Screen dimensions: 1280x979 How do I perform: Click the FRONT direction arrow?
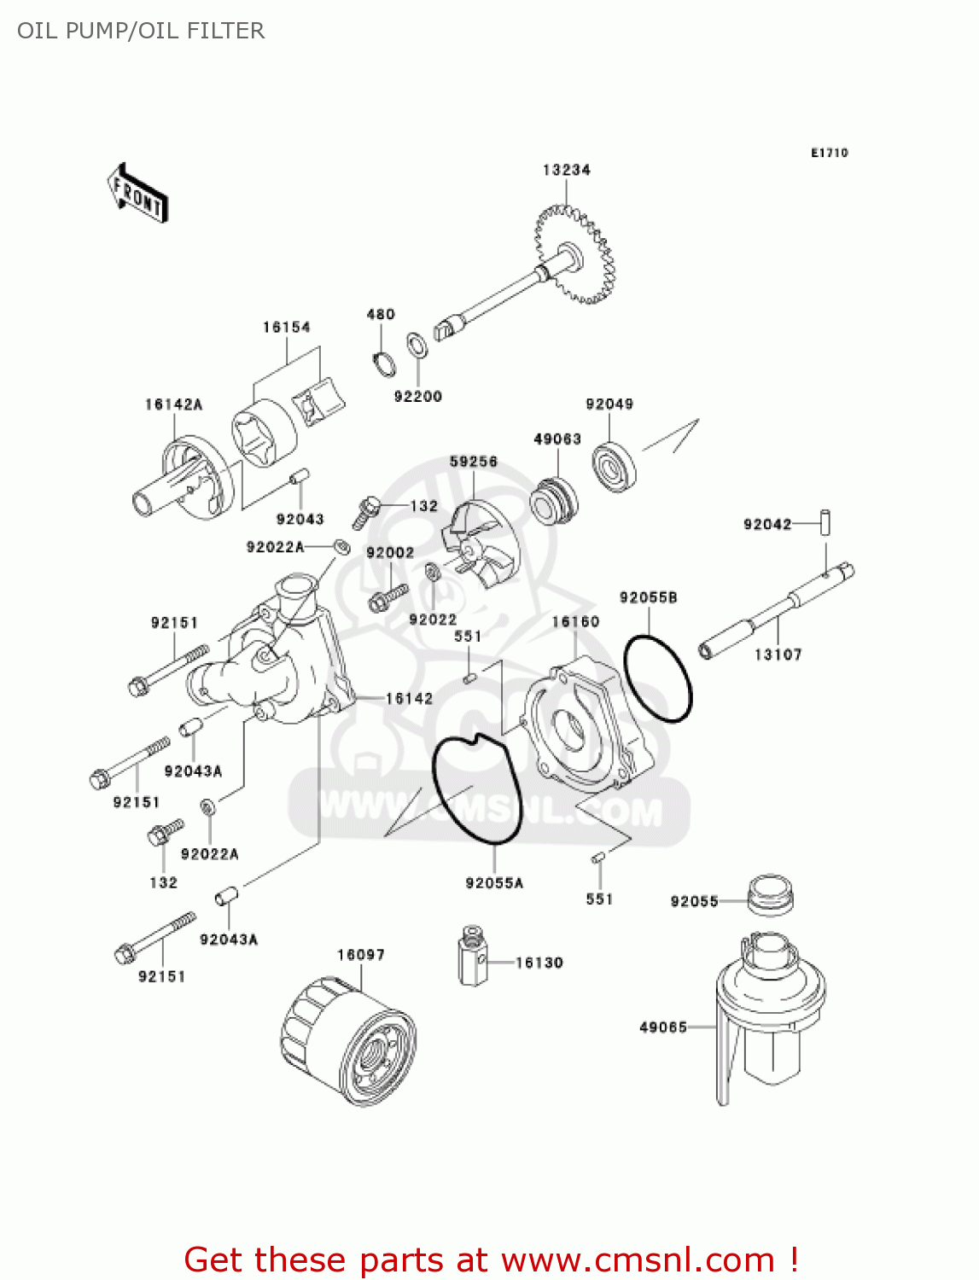point(137,194)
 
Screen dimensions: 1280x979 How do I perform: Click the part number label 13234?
point(566,170)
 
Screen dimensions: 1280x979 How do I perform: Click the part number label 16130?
point(539,963)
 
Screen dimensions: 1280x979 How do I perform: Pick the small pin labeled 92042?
point(825,522)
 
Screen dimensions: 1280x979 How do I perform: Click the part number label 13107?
point(778,655)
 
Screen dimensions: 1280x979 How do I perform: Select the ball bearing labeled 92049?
point(614,466)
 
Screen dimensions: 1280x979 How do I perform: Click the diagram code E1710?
point(829,153)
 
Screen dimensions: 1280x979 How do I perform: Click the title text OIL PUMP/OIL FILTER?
point(141,31)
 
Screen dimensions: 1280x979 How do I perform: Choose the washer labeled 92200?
point(417,346)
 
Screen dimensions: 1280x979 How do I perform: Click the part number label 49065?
point(662,1027)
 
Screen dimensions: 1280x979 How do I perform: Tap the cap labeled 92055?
point(770,894)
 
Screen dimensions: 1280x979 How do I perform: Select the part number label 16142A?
point(173,404)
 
